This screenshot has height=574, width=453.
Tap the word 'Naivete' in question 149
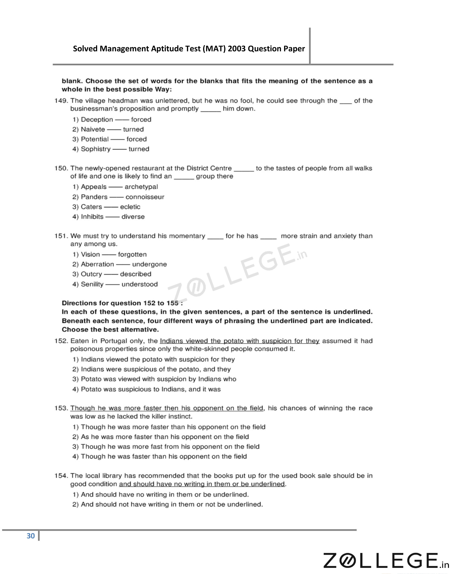coord(93,129)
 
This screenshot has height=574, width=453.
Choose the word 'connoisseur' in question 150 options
coord(145,197)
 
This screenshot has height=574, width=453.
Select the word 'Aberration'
coord(97,264)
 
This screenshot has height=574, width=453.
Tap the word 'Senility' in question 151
coord(92,284)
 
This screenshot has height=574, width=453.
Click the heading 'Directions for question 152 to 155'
coord(122,303)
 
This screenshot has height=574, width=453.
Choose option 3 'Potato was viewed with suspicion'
coord(154,379)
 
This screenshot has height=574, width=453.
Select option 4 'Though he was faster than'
coord(160,457)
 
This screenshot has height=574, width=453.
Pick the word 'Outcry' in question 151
coord(91,274)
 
